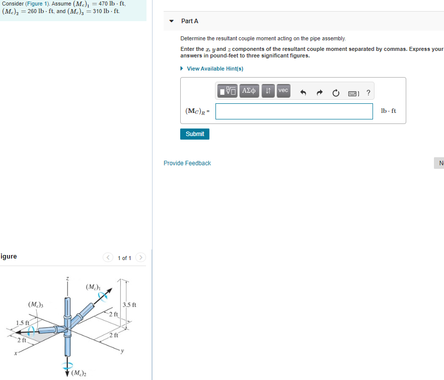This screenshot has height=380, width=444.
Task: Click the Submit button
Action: [x=195, y=134]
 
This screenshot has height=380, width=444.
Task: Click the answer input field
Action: [x=294, y=111]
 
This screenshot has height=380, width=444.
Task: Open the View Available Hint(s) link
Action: [x=215, y=69]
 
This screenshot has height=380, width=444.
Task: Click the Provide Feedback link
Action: [x=187, y=163]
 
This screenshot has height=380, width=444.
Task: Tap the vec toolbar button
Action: [x=283, y=91]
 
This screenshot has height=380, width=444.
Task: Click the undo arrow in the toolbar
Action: [x=303, y=93]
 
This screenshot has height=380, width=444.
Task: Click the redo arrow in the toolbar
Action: [x=319, y=93]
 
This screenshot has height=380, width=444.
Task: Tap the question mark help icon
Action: [x=368, y=93]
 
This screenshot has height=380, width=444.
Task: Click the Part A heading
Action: [x=190, y=21]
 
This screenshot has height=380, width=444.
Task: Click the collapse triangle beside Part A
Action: [x=172, y=21]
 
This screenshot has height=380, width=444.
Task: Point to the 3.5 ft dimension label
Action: [x=130, y=305]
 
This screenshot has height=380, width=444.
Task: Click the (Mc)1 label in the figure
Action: [x=93, y=287]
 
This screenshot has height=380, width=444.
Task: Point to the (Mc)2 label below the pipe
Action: [x=79, y=373]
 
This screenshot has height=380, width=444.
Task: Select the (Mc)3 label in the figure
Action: [x=36, y=304]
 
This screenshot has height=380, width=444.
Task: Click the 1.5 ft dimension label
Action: [x=22, y=323]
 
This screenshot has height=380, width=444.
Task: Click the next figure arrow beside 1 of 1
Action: [x=141, y=258]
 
